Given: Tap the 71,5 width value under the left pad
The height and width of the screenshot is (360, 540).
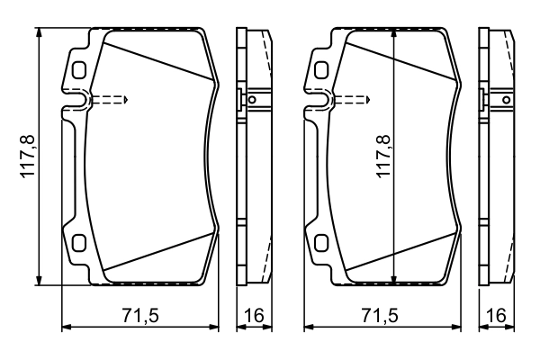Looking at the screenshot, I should click(x=139, y=315).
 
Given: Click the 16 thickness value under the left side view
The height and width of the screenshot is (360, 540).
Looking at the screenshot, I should click(x=255, y=315).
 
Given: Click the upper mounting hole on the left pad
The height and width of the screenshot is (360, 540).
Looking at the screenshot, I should click(x=78, y=69).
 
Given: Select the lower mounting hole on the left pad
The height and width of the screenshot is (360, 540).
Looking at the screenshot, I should click(x=78, y=242).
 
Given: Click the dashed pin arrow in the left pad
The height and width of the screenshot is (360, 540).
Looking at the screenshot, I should click(x=110, y=99).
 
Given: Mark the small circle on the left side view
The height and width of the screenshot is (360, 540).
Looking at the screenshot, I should click(x=253, y=99).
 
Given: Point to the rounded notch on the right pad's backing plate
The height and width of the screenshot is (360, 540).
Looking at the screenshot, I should click(x=320, y=103).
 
